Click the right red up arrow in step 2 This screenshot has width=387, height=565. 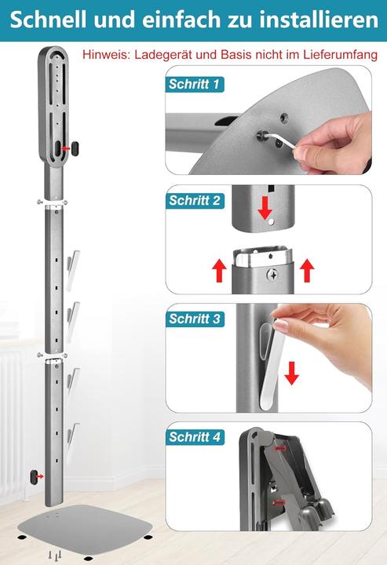tap(307, 272)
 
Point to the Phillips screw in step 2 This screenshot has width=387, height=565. tap(272, 275)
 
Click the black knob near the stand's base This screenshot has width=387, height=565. tap(35, 476)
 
